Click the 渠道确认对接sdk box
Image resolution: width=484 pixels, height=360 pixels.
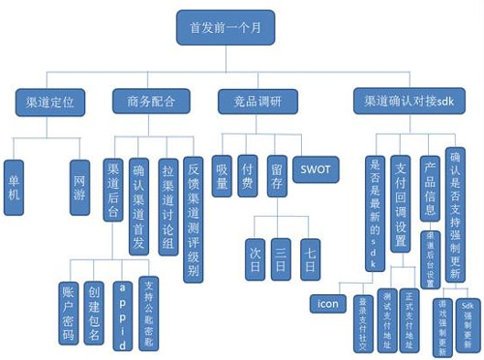tap(403, 101)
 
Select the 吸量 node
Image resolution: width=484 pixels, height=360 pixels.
tap(222, 174)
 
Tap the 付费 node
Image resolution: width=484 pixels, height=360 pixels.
tap(249, 174)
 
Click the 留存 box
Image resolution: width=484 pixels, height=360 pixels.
tap(276, 174)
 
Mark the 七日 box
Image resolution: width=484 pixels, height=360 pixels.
tap(310, 257)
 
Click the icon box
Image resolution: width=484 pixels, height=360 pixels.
tap(326, 303)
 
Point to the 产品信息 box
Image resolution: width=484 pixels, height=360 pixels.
tap(430, 188)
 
